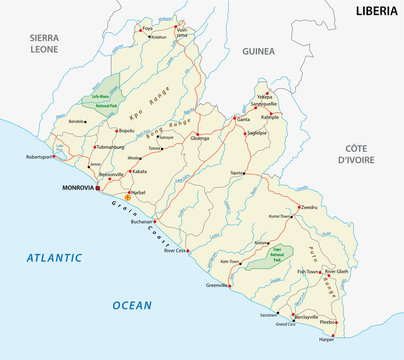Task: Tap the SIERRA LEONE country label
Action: (x=39, y=41)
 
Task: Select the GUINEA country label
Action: (x=258, y=47)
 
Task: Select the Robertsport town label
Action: (x=45, y=157)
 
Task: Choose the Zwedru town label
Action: (x=308, y=207)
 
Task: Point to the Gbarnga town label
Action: (x=201, y=139)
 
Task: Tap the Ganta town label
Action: (x=242, y=119)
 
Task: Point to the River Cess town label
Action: (x=176, y=250)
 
